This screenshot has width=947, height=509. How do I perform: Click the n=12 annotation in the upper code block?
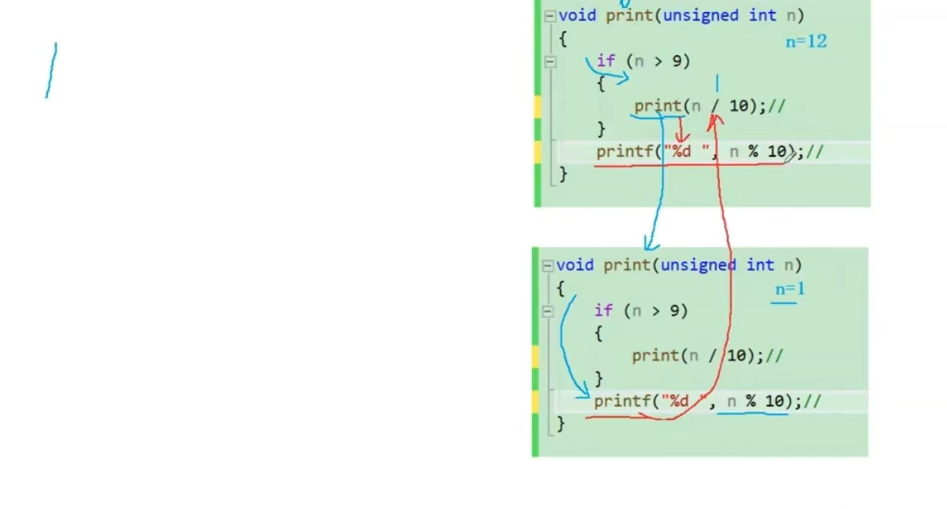(x=806, y=41)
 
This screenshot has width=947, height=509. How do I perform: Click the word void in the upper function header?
(x=577, y=15)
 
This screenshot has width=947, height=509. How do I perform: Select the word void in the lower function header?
(x=575, y=265)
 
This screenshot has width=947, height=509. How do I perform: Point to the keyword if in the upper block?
(x=605, y=61)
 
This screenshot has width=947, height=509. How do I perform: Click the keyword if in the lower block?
(x=603, y=311)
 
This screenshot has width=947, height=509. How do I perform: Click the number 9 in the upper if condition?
(x=677, y=61)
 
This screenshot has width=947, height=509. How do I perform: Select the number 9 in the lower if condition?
(x=674, y=311)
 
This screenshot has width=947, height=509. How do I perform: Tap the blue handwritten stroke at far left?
(x=51, y=70)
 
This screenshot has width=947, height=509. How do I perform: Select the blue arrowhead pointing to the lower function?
(x=652, y=243)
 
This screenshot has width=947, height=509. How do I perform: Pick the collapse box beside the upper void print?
(x=549, y=16)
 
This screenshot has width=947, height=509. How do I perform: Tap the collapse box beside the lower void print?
(x=547, y=266)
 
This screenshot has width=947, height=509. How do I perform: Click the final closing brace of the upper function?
(x=563, y=173)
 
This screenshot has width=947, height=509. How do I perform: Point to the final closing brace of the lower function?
(x=561, y=423)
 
